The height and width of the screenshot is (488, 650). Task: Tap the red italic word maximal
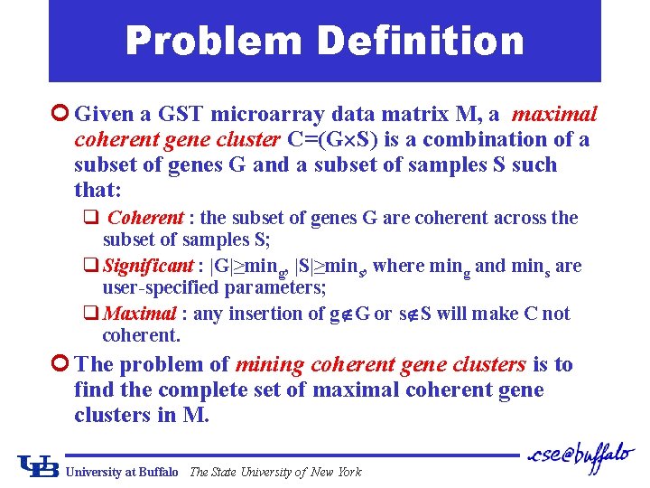[554, 114]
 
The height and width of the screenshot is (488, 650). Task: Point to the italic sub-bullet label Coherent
[145, 218]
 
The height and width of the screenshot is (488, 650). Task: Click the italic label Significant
[149, 266]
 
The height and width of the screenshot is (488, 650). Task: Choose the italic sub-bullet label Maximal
[140, 314]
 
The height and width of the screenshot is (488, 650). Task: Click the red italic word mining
[269, 364]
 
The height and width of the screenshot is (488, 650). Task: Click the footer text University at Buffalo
[123, 472]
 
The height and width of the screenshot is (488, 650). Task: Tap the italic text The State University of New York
[275, 472]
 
